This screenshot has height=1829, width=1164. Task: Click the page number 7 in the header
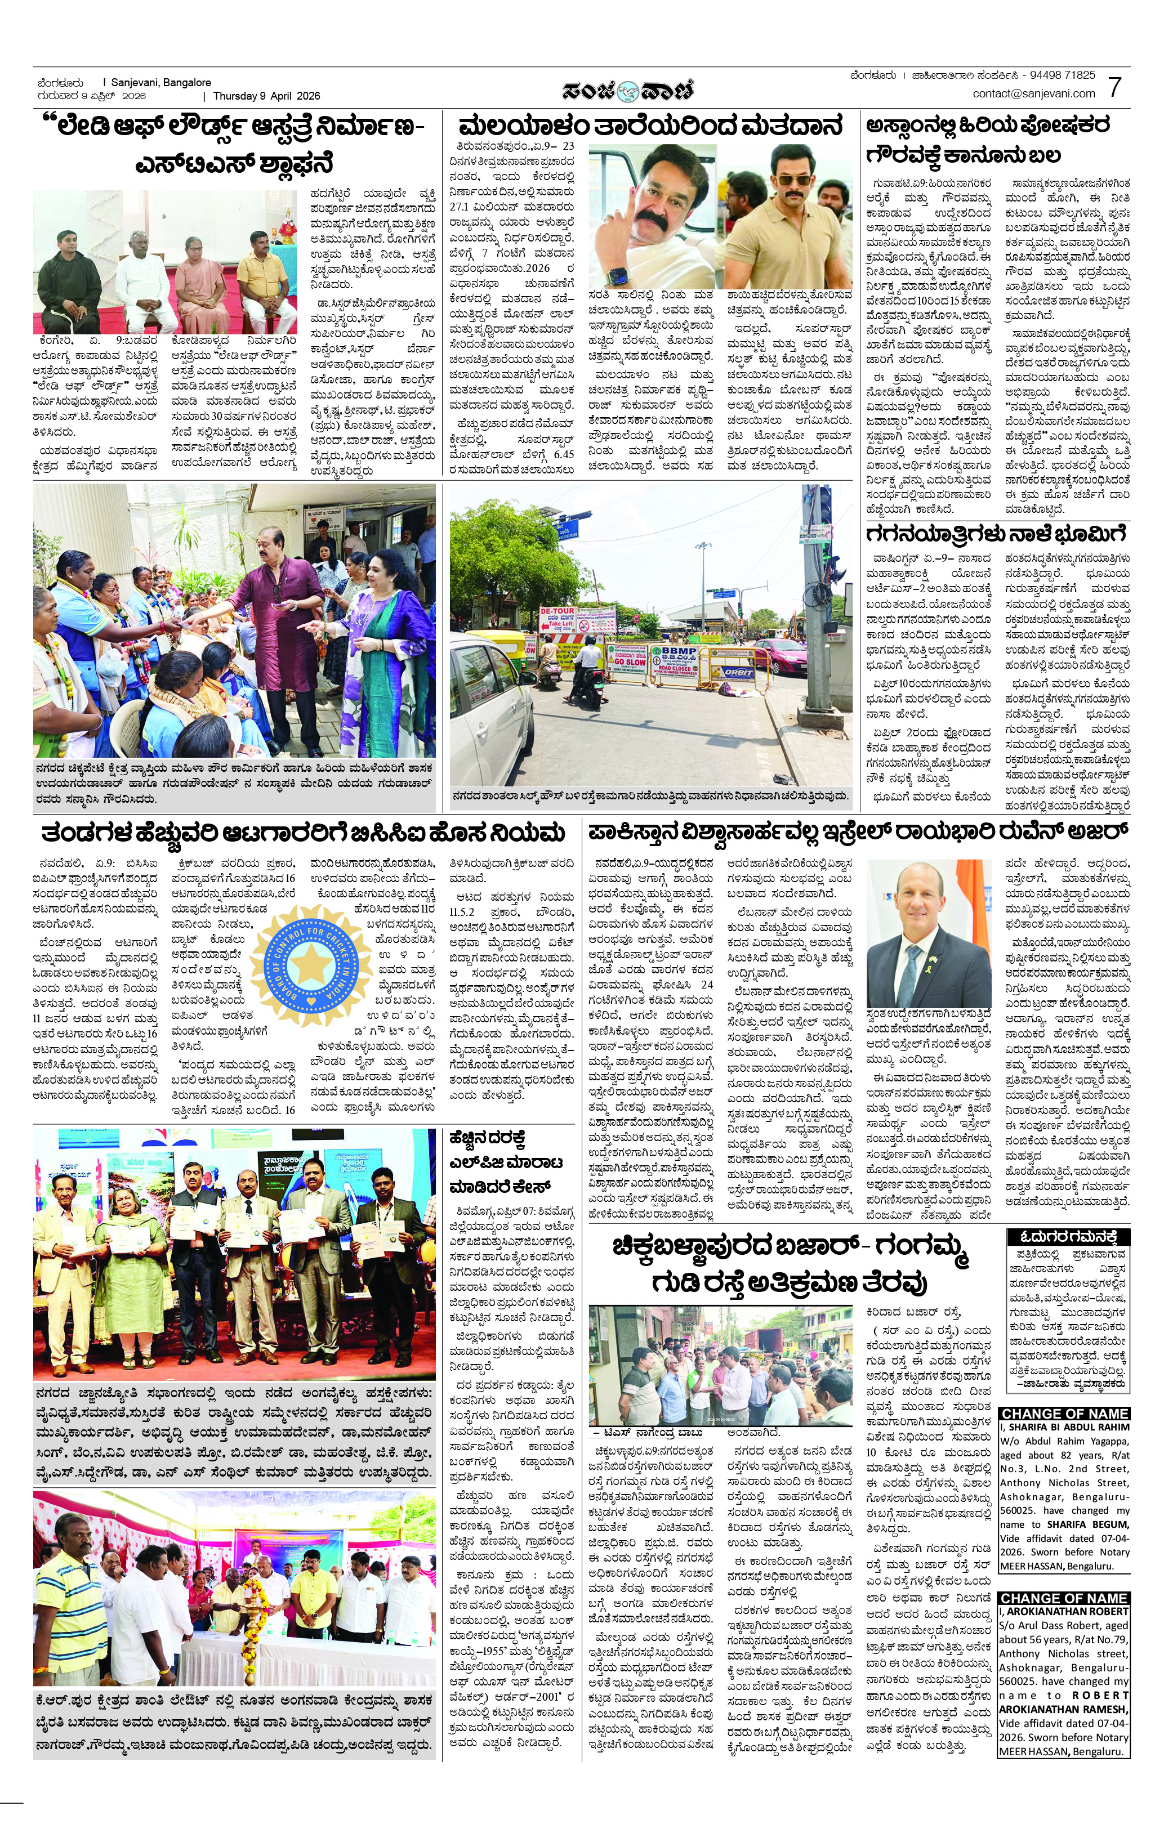[x=1114, y=87]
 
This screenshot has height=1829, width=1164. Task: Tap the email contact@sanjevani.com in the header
[x=1033, y=93]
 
